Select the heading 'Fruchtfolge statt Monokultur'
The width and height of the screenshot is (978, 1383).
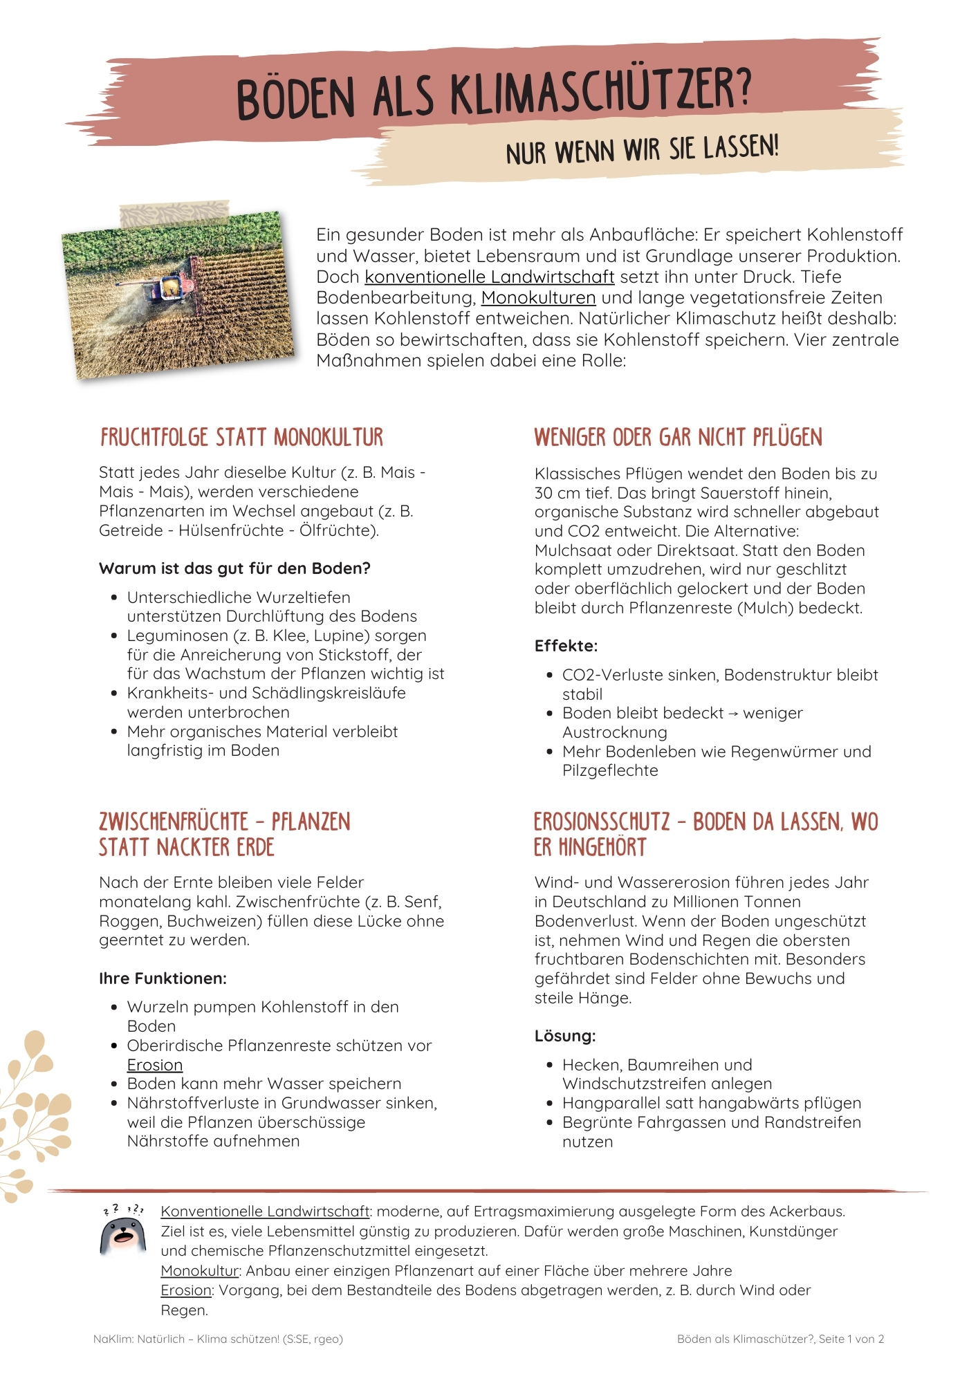coord(241,438)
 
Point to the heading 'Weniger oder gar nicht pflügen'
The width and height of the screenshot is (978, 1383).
coord(678,438)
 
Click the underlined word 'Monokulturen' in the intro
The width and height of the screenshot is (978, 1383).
coord(538,298)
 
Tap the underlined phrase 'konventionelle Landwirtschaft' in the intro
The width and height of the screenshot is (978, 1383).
coord(489,277)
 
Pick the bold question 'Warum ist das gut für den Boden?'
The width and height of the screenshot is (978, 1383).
coord(234,568)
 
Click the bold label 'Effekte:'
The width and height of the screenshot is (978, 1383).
coord(566,646)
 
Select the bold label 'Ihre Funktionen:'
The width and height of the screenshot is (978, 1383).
coord(163,978)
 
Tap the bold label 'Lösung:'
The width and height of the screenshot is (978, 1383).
coord(565,1036)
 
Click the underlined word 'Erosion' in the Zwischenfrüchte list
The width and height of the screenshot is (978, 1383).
coord(155,1065)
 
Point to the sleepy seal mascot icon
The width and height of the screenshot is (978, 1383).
coord(123,1232)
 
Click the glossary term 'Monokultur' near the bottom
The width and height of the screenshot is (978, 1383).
coord(199,1271)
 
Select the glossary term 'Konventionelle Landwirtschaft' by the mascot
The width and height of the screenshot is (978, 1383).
coord(265,1212)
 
